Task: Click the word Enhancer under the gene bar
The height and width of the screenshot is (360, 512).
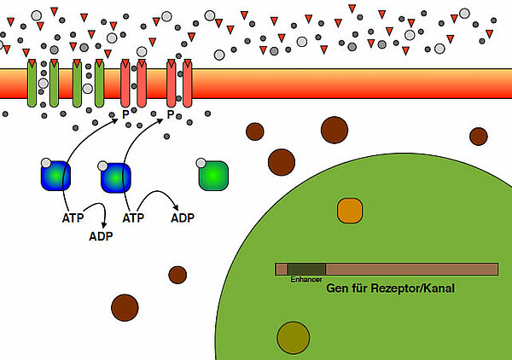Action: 305,279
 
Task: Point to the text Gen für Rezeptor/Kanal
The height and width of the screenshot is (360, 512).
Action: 390,289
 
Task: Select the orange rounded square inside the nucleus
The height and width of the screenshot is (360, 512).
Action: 350,210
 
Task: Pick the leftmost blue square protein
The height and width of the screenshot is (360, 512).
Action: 55,175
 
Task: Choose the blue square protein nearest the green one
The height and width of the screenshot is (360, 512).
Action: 115,178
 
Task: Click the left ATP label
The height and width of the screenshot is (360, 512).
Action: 74,218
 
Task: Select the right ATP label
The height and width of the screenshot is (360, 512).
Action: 134,218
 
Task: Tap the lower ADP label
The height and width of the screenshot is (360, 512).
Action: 101,235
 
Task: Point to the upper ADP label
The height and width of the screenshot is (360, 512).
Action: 183,218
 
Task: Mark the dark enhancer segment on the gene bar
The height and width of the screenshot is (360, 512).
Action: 306,269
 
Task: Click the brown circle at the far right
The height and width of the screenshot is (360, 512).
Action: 478,136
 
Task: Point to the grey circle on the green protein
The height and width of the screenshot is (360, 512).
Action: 201,163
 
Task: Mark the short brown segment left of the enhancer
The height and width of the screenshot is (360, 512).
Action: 281,269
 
